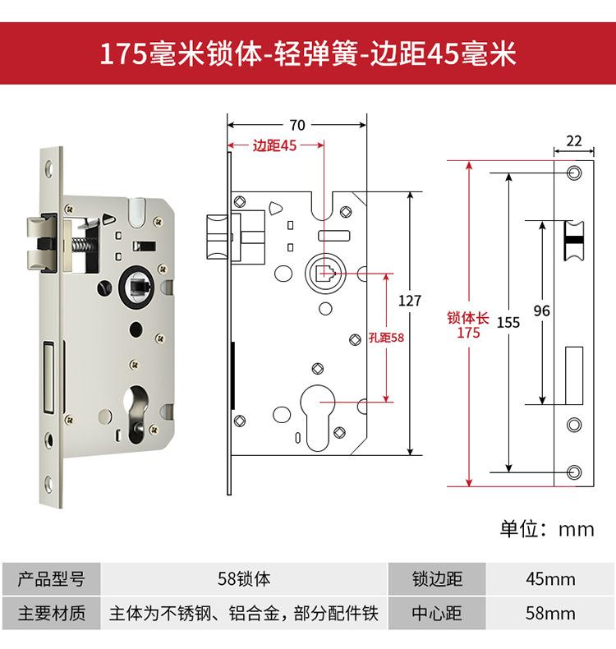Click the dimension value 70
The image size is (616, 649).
[297, 126]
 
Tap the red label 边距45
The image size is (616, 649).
[274, 146]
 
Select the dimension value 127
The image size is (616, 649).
[409, 301]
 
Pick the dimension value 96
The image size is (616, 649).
[541, 311]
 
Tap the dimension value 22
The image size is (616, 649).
[574, 141]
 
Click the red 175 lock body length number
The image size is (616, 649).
[468, 334]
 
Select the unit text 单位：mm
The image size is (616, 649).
[547, 528]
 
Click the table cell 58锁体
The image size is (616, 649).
[244, 579]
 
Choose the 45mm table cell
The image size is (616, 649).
[550, 579]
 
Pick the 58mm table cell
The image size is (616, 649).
[550, 613]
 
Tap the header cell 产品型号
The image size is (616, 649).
[51, 579]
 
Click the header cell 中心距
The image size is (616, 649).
[437, 613]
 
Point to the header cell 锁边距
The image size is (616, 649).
[437, 579]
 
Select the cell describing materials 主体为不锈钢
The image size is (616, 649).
[244, 613]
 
